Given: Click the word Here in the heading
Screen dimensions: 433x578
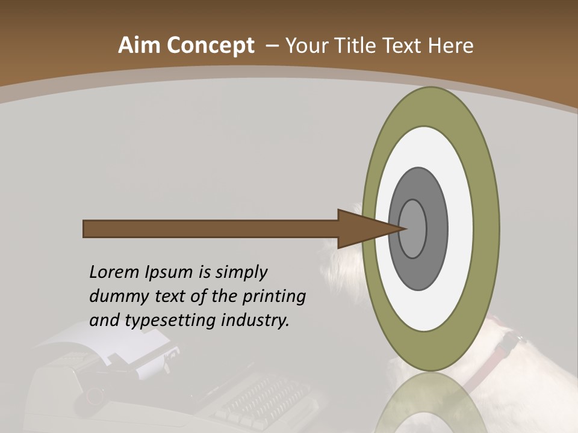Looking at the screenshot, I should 450,46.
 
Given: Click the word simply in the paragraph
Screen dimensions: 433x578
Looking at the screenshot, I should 241,272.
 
